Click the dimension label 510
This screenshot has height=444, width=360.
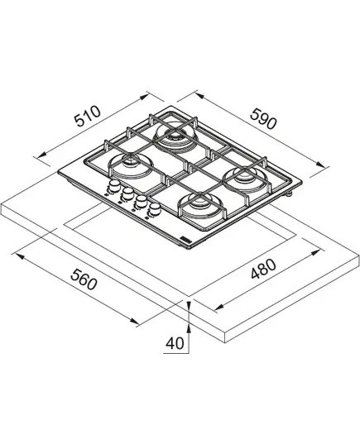[x=87, y=116]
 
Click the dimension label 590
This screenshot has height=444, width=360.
[x=263, y=118]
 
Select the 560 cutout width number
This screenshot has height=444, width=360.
[x=84, y=279]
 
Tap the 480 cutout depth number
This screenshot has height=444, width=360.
[x=263, y=269]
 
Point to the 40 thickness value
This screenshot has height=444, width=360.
[x=175, y=343]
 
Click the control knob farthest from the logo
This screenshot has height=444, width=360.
[x=114, y=186]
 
